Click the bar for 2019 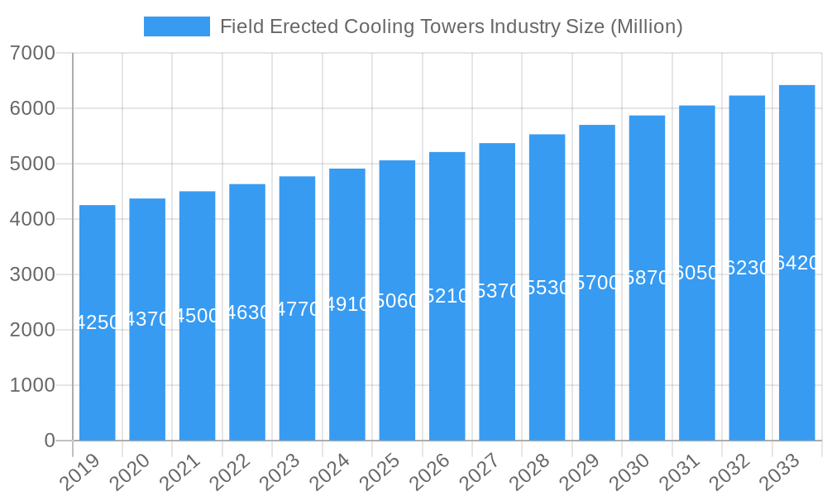(98, 364)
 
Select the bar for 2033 (796, 347)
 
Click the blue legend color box (176, 26)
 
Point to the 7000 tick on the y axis (33, 54)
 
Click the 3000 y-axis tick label (33, 274)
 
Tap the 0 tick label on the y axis (49, 441)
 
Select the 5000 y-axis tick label (33, 164)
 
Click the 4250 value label (98, 322)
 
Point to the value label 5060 (397, 301)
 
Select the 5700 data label (597, 283)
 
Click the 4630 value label (247, 312)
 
